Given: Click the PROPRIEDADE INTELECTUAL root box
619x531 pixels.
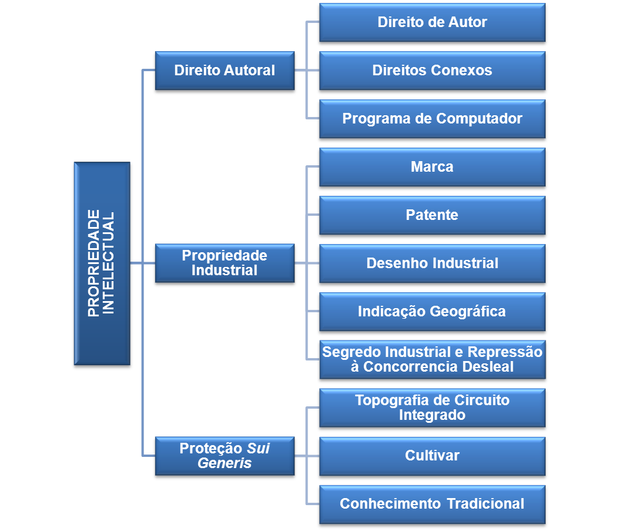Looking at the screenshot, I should pos(102,263).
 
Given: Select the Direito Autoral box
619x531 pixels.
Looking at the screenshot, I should pos(225,71).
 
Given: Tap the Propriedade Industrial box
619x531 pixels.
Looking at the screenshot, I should pos(225,263).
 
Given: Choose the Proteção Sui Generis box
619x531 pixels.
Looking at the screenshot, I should pos(225,456).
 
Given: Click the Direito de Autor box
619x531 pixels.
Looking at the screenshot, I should pos(432,22).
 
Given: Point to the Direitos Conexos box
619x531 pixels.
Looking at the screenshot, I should pos(432,71).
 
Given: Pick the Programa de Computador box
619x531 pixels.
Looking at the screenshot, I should pos(432,119).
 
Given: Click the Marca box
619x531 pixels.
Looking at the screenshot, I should pos(432,167).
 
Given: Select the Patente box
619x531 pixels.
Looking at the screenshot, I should pos(432,215).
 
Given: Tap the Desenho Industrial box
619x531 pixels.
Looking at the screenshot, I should pos(432,263).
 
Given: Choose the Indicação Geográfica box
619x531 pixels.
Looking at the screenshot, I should pos(432,312).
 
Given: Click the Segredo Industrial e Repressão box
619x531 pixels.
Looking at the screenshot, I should pos(432,359).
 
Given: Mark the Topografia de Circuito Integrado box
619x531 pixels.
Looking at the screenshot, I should pos(432,408).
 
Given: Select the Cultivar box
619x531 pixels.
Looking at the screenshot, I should pos(432,456).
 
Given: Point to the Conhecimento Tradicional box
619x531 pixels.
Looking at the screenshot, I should pos(432,504).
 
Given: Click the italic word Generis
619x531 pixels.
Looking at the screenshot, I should pos(225,463).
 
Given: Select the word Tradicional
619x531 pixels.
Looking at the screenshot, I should pos(486,504).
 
